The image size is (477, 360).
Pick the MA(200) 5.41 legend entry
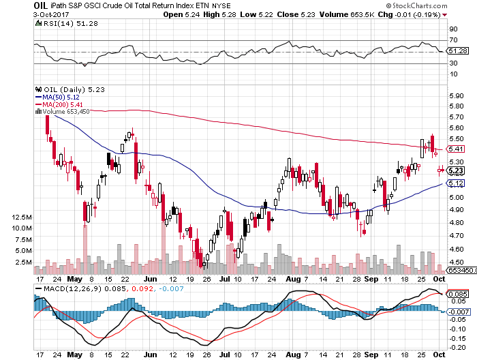tap(64, 104)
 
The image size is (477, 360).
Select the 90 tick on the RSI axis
tap(452, 29)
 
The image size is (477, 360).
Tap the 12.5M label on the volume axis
tap(22, 217)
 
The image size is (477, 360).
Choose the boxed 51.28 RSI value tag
tap(457, 51)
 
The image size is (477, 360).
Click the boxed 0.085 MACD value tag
tap(457, 294)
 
